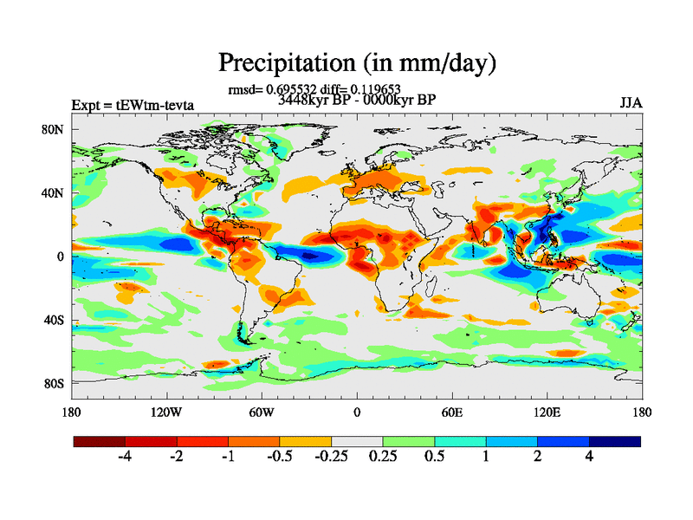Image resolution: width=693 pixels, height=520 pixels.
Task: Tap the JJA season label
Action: click(631, 103)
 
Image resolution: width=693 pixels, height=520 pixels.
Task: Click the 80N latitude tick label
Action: click(55, 129)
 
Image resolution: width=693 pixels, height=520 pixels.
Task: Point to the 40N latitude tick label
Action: click(55, 192)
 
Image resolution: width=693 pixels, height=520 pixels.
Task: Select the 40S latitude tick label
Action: click(55, 320)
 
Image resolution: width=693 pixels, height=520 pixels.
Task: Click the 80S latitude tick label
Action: click(55, 383)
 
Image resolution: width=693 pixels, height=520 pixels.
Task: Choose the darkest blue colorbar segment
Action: click(615, 441)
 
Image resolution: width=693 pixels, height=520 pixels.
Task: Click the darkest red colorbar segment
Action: click(100, 441)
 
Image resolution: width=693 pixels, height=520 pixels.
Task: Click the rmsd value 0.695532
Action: click(292, 89)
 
